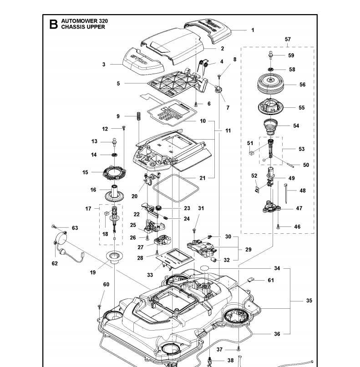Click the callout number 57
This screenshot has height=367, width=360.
click(x=288, y=40)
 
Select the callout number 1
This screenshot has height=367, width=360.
click(x=253, y=30)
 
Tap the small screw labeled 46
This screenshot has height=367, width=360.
click(x=278, y=226)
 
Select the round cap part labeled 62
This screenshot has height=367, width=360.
click(x=61, y=238)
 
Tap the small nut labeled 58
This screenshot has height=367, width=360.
click(x=270, y=70)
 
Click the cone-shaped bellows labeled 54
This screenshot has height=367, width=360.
click(x=271, y=125)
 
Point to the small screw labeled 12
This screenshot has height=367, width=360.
click(x=123, y=129)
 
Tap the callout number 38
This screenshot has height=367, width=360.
click(x=230, y=361)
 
